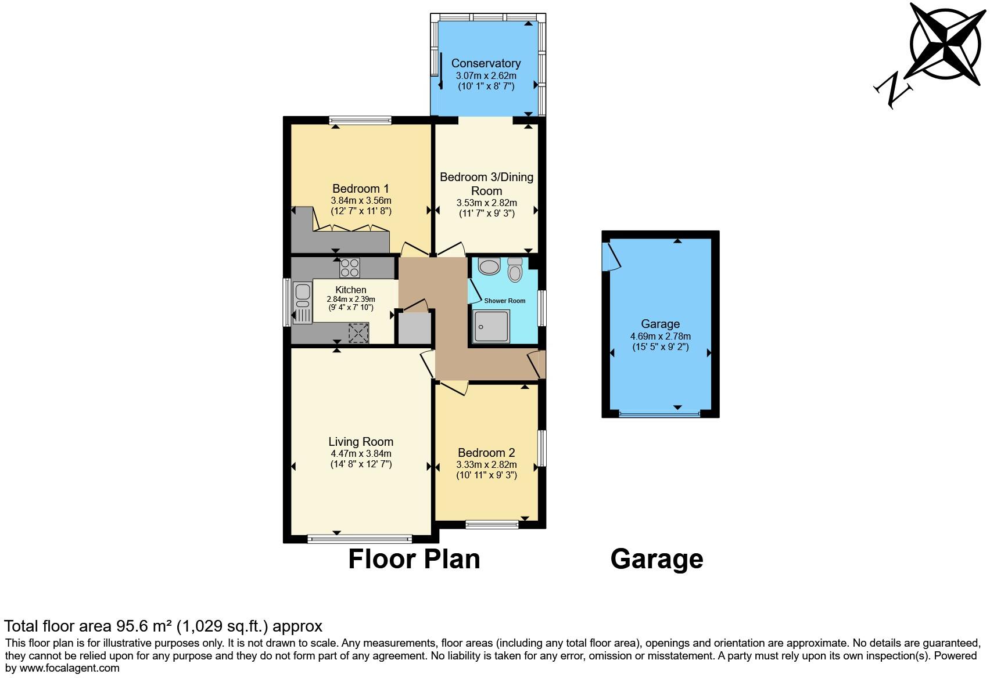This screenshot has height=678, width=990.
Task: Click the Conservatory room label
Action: tap(486, 63)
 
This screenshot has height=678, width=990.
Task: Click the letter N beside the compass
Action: tap(894, 90)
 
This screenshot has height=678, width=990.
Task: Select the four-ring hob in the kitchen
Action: tap(349, 268)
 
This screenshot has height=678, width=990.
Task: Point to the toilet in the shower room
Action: tap(515, 270)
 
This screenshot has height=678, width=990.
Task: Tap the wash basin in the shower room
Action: tap(489, 266)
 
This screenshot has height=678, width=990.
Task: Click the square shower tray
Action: tap(491, 326)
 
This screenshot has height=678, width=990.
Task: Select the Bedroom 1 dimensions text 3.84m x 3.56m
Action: tap(361, 201)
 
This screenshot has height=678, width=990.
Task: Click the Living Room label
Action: tap(361, 442)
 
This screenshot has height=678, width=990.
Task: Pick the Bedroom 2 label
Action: tap(486, 453)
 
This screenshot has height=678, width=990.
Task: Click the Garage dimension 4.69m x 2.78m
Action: tap(660, 336)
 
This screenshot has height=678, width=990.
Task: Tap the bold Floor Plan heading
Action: tap(414, 559)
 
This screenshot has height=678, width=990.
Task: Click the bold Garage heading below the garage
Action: tap(657, 559)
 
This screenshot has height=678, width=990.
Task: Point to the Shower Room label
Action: tap(504, 301)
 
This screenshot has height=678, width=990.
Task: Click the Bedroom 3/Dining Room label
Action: tap(486, 183)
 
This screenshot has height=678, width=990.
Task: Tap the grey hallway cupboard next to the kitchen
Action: tap(414, 329)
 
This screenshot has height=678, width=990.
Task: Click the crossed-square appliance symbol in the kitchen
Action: tap(358, 333)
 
